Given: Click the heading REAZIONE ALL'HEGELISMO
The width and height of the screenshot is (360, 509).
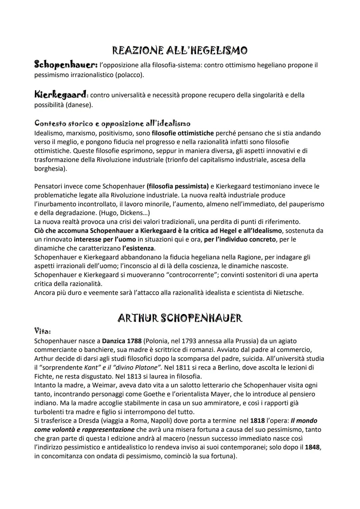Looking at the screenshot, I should point(180,51).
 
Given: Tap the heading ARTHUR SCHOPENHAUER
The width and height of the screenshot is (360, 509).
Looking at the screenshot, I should point(180,318).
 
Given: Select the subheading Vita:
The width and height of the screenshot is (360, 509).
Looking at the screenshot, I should point(42,331).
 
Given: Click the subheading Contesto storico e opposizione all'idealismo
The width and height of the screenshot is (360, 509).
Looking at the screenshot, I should point(112,123).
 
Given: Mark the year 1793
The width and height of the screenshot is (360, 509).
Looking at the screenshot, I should point(189,341).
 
